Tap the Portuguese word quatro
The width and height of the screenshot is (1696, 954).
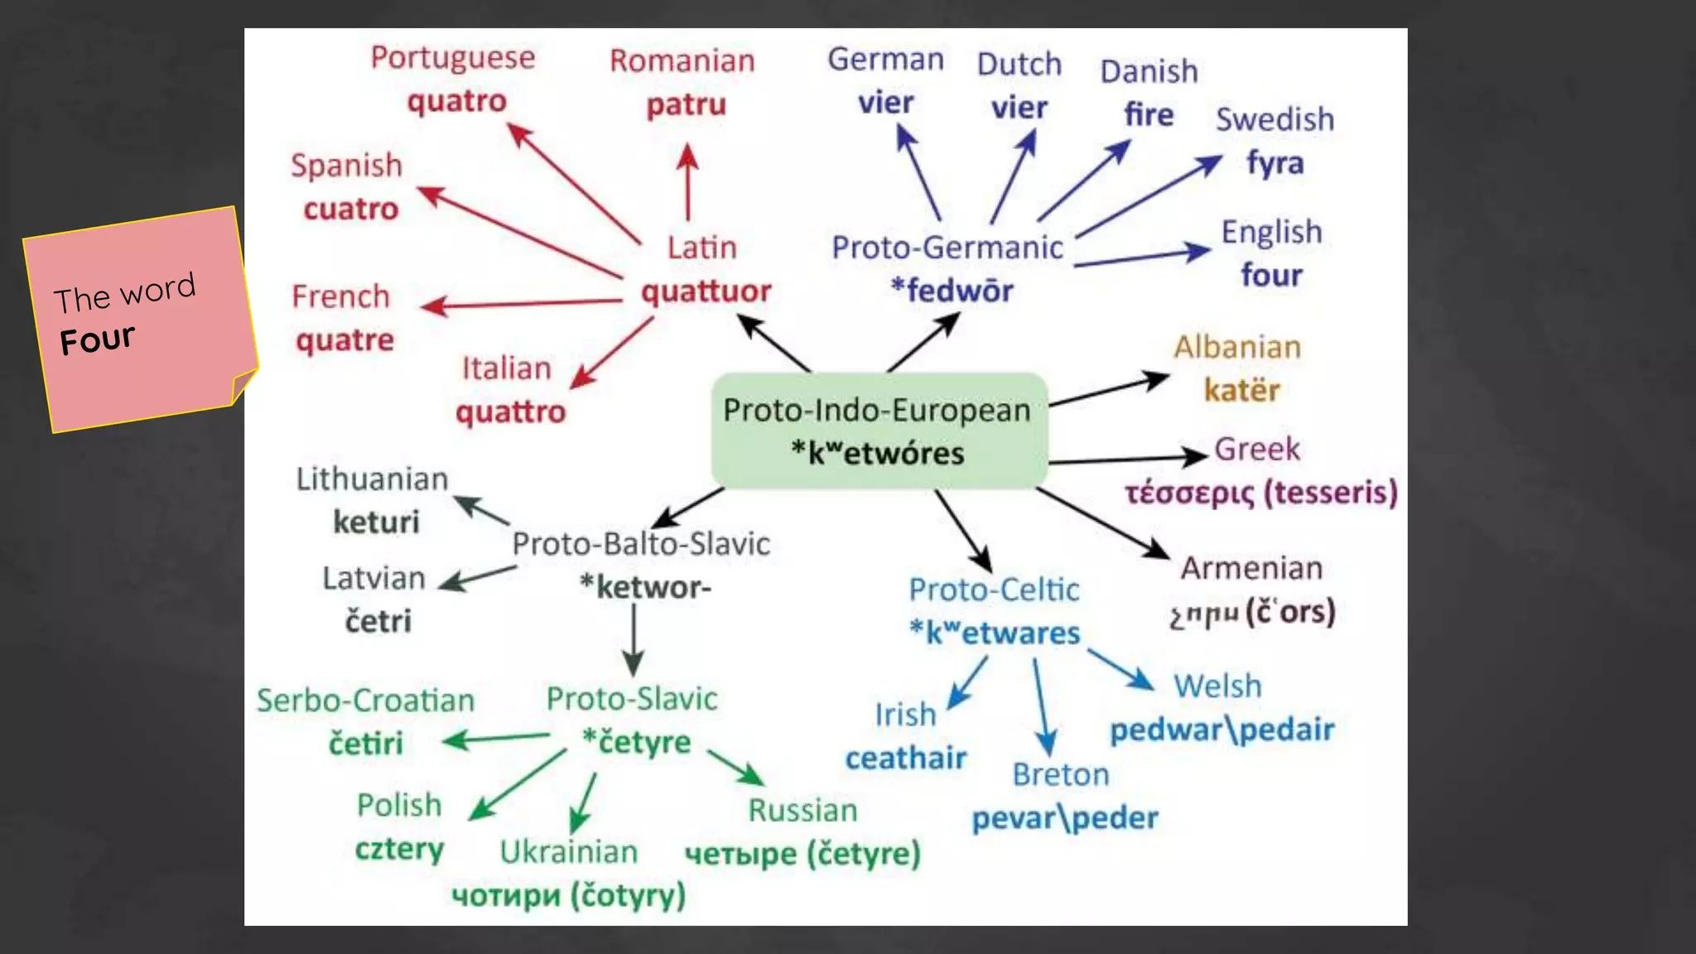456,102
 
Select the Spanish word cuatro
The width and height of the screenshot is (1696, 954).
351,210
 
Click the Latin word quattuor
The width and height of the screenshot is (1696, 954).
706,291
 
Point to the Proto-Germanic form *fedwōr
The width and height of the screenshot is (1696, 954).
952,291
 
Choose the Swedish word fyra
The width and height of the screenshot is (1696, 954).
1274,163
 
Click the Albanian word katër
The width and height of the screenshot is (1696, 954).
1241,390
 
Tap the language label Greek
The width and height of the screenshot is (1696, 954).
1257,449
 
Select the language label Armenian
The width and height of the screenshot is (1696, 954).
1251,568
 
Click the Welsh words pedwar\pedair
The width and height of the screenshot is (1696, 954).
1221,730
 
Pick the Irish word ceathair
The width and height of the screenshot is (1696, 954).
906,758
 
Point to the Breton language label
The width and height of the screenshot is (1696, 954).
1061,775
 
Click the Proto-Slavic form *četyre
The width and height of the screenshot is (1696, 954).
636,742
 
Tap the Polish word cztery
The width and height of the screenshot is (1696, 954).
399,850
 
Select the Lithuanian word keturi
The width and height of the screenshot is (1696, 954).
376,523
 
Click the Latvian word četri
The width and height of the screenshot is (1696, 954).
378,621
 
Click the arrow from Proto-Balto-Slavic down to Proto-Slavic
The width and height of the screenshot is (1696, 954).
634,638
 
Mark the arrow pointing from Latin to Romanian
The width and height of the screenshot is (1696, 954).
687,182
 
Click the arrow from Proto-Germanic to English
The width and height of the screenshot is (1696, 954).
1142,257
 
